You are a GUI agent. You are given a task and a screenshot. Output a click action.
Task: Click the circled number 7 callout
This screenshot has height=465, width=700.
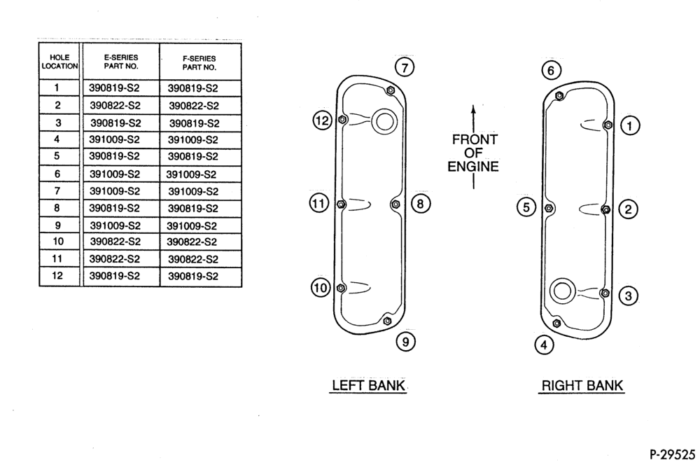[405, 68]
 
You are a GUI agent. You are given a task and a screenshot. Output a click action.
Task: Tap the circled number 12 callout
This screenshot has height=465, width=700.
[322, 120]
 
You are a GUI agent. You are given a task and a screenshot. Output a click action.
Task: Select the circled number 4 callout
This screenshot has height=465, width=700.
[544, 345]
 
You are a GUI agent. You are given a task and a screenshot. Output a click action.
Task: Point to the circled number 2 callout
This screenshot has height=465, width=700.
[628, 209]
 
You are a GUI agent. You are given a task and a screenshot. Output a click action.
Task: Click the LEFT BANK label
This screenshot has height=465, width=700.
[368, 385]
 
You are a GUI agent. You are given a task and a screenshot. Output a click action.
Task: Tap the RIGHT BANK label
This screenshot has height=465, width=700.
[582, 385]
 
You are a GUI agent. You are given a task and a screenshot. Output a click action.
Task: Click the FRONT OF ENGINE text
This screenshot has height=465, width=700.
[473, 153]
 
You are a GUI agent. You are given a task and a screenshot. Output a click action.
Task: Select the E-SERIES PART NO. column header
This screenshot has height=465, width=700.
[121, 62]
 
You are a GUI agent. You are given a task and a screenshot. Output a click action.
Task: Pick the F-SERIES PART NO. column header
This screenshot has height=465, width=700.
[199, 63]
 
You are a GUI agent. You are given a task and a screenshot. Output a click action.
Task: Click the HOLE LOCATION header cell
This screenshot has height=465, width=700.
[59, 62]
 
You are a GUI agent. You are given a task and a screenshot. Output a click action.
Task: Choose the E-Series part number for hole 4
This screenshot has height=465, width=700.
[114, 139]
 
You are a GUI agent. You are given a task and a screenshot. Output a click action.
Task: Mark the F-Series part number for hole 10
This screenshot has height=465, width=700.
[192, 242]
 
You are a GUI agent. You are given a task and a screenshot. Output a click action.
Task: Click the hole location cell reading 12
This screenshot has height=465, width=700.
[57, 275]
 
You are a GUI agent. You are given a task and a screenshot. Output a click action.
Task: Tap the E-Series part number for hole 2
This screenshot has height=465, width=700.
[115, 106]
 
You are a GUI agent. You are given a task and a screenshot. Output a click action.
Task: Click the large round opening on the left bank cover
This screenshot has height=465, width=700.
[384, 121]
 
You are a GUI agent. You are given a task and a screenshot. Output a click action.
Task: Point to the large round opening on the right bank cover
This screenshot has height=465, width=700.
[563, 291]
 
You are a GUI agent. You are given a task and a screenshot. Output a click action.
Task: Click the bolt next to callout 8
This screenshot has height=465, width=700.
[395, 204]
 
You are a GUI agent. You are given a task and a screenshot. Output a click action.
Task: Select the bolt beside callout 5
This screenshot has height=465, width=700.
[549, 208]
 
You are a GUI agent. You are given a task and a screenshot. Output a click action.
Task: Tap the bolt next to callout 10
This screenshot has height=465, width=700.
[341, 288]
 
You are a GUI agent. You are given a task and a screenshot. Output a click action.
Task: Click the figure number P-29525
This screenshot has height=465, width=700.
[672, 454]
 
